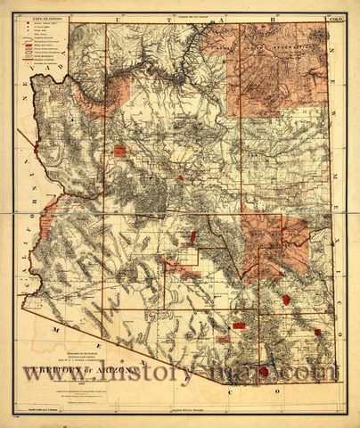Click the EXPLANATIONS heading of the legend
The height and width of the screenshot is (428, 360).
[x=51, y=17]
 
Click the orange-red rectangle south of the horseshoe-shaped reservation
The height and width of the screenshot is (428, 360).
[x=119, y=151]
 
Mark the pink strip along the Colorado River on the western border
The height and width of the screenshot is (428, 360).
[x=48, y=214]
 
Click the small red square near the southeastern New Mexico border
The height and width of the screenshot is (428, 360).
[x=318, y=332]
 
